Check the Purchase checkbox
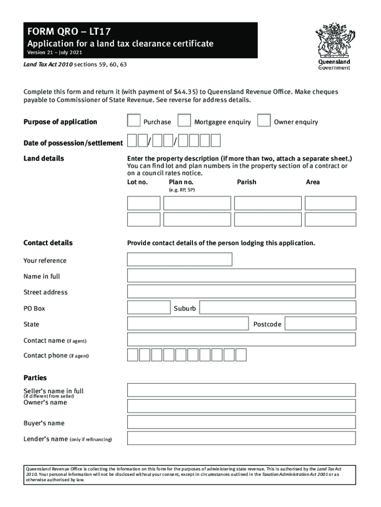134,121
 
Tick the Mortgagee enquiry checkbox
184,121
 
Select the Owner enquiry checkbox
264,121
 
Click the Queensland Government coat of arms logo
333,42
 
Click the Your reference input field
180,259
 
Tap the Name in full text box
241,276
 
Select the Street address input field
241,292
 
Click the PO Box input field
148,307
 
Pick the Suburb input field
277,307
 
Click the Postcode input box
320,323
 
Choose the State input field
187,323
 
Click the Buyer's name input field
241,422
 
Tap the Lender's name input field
241,438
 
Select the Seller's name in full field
241,390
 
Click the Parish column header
246,182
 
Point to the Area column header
313,182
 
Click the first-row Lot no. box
143,203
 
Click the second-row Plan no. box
197,219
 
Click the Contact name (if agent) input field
241,339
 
